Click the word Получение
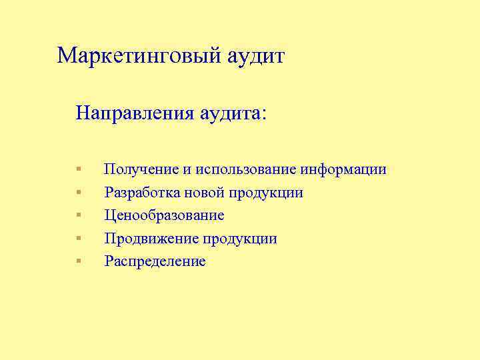coord(137,169)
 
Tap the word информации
coord(343,169)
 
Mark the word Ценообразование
coord(164,215)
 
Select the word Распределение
coord(155,261)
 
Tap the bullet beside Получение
coord(78,169)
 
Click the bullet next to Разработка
coord(78,193)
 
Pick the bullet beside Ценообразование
coord(78,215)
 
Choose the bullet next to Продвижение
coord(78,238)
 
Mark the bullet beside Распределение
coord(78,261)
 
